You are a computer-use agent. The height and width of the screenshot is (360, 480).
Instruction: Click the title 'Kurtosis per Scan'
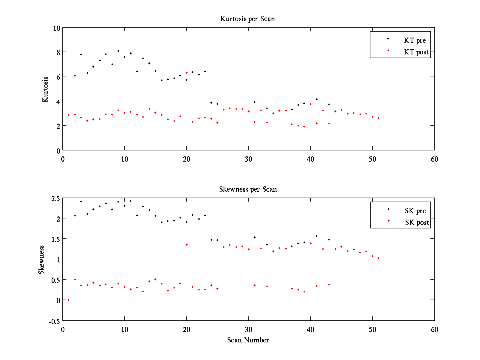point(248,19)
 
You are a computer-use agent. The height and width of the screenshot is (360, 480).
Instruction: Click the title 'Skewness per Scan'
point(248,189)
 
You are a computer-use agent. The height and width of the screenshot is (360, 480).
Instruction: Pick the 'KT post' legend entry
point(416,52)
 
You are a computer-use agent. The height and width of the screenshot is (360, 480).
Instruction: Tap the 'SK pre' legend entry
point(415,211)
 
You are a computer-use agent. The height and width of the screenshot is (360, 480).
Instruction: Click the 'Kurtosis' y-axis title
point(46,89)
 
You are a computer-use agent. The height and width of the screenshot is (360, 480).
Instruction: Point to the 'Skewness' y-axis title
point(41,259)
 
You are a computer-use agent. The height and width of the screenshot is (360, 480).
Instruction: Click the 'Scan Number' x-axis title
point(248,340)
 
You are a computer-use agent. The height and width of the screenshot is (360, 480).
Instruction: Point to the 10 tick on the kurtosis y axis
point(56,28)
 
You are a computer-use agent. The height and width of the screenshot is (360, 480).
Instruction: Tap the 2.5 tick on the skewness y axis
point(55,198)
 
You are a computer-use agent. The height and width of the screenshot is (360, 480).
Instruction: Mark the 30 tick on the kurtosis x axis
point(248,159)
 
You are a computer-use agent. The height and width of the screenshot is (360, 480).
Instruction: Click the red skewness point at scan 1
point(68,300)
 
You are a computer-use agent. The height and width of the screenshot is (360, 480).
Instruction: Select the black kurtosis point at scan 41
point(316,99)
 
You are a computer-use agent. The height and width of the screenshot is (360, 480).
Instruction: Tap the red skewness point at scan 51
point(378,258)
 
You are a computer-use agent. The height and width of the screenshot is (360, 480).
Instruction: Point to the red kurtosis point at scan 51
point(378,118)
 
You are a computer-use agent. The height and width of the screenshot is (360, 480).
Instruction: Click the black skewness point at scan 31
point(254,237)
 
